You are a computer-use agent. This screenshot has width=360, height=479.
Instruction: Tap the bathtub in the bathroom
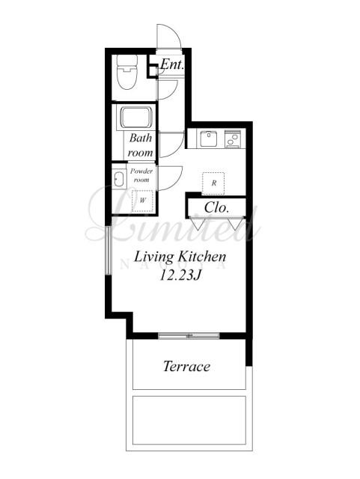(x=137, y=118)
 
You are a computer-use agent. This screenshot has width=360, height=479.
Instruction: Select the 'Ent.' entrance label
(x=172, y=64)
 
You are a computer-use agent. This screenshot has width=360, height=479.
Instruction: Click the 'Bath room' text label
(x=140, y=145)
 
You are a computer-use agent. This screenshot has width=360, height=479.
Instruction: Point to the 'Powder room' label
(x=141, y=175)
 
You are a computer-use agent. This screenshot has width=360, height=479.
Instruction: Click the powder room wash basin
(x=119, y=179)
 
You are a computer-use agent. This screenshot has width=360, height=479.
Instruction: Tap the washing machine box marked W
(x=142, y=201)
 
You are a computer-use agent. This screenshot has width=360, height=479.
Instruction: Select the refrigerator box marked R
(x=213, y=183)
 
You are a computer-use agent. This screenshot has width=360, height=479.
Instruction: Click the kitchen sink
(x=208, y=138)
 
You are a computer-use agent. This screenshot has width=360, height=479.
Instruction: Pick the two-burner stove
(x=233, y=139)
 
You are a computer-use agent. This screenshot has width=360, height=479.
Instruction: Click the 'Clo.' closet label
(x=216, y=208)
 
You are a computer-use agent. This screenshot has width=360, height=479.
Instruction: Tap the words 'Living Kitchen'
(x=180, y=257)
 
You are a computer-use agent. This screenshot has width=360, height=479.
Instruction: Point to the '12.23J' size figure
(x=180, y=275)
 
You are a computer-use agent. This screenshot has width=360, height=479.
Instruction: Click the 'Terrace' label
(x=186, y=366)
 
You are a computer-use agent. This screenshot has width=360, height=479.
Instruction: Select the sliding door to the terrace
(x=189, y=336)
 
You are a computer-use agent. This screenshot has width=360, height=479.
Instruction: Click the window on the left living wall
(x=109, y=250)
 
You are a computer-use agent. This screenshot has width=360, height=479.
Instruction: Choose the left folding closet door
(x=197, y=223)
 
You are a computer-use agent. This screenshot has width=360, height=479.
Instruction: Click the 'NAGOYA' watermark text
(x=174, y=264)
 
